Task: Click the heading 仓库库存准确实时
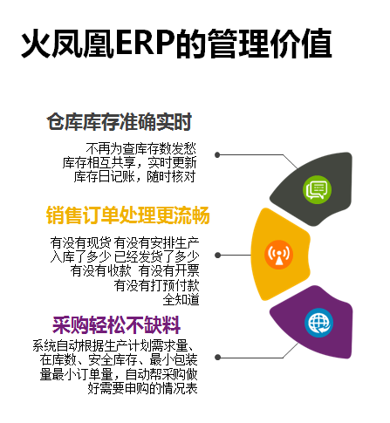pos(120,121)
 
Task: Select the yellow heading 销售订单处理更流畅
pos(128,215)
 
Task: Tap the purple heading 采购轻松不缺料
pos(117,325)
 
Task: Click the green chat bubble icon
pos(317,189)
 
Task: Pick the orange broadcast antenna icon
pos(278,255)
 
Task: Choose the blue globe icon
pos(319,323)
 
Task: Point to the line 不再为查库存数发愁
pos(140,149)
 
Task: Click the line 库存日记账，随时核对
pos(134,176)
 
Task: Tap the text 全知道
pos(181,299)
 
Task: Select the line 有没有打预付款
pos(156,285)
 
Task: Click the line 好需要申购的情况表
pos(142,388)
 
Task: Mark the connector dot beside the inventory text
pos(217,155)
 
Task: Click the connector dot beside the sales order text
pos(217,256)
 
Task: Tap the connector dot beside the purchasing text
pos(217,358)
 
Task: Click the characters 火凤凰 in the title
pos(68,44)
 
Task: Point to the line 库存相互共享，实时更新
pos(130,162)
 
